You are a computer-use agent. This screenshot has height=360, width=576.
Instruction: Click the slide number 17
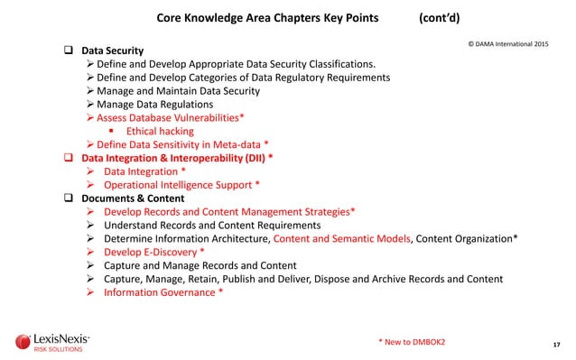[x=556, y=344]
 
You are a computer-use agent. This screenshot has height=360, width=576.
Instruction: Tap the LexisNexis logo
[x=53, y=342]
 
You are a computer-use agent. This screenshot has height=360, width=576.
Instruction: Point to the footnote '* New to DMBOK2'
[x=417, y=340]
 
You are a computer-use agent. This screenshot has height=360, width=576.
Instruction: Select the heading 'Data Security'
[x=112, y=51]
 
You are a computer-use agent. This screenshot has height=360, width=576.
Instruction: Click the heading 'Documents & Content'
[x=133, y=198]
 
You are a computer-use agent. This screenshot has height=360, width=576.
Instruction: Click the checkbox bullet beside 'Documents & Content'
[x=67, y=198]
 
